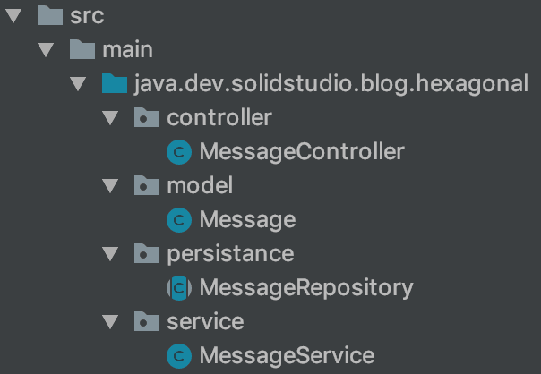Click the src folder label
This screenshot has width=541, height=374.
tap(86, 15)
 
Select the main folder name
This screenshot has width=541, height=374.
tap(127, 49)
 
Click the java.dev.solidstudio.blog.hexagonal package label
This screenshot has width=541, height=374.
tap(331, 83)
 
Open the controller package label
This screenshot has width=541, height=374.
tap(219, 117)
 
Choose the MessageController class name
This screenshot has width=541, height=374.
tap(302, 151)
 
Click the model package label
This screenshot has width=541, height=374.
tap(200, 185)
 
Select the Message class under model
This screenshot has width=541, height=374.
tap(247, 219)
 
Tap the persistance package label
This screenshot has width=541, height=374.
tap(230, 253)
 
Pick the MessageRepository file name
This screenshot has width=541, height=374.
tap(306, 287)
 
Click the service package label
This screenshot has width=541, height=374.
tap(205, 321)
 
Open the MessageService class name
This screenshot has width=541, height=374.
tap(287, 355)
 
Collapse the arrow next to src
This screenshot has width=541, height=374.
tap(15, 15)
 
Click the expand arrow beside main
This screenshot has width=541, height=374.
tap(47, 49)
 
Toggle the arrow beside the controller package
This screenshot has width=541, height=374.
tap(110, 117)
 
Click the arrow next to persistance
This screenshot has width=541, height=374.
tap(110, 253)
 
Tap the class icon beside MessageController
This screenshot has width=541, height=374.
tap(179, 152)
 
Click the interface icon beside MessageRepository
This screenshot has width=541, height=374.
tap(179, 288)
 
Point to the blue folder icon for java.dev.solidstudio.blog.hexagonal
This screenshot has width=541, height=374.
tap(114, 84)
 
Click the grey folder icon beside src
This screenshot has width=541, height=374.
tap(49, 15)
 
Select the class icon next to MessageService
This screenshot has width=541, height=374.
tap(179, 356)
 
